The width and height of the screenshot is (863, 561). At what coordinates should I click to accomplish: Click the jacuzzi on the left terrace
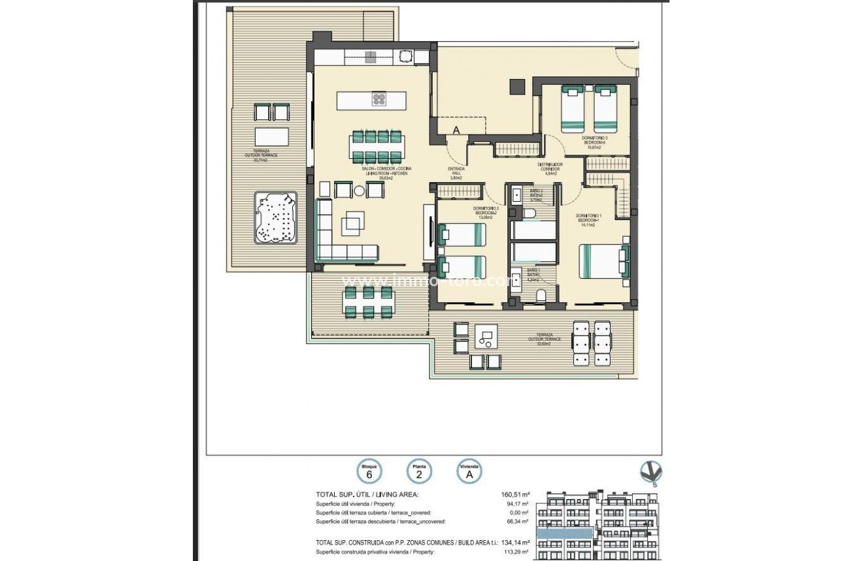coord(275,217)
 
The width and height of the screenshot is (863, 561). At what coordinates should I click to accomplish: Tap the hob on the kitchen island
coord(379,99)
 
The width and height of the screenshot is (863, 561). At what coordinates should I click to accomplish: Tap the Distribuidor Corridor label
coord(550,169)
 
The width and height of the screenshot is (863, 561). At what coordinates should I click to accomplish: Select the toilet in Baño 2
coord(530,213)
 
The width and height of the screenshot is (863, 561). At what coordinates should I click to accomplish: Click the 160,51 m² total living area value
coord(515,495)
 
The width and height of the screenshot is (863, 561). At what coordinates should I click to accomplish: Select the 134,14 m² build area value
coord(515,542)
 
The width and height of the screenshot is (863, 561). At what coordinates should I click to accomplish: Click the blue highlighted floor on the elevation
coord(565,534)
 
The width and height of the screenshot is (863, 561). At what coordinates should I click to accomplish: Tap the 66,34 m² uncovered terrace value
coord(516,522)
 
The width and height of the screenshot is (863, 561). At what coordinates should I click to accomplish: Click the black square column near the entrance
coord(517,86)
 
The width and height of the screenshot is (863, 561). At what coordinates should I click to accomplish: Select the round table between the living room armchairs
coord(359,191)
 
